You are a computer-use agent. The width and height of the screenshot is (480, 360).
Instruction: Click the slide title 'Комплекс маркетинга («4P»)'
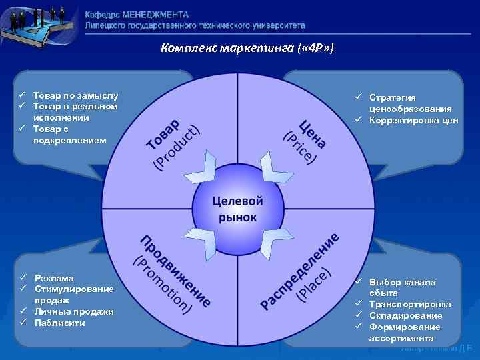(x=247, y=49)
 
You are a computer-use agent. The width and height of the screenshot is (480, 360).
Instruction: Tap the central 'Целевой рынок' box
(x=238, y=209)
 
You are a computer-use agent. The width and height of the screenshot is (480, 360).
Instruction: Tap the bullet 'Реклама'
(x=54, y=278)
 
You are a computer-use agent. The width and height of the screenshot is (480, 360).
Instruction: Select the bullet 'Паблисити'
(x=60, y=323)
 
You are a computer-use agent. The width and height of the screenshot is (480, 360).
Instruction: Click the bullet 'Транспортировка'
(x=409, y=304)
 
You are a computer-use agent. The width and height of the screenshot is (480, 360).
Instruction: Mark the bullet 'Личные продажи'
(x=74, y=311)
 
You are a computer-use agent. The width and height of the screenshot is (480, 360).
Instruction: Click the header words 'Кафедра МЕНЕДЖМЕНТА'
(x=137, y=14)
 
